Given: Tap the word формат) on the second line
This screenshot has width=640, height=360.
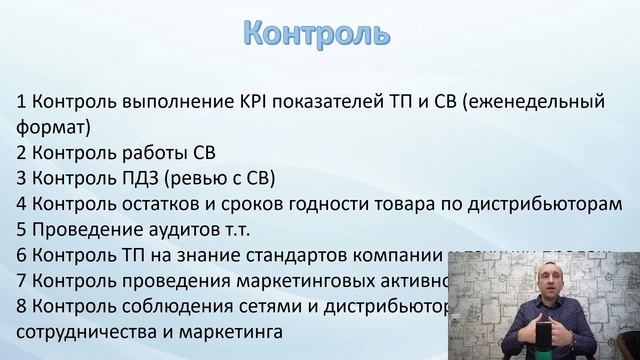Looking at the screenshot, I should click(54, 127).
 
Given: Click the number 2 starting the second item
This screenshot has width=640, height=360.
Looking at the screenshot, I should click(22, 153).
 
